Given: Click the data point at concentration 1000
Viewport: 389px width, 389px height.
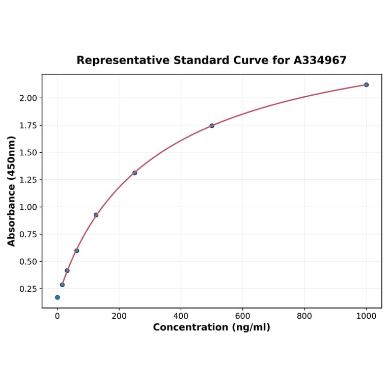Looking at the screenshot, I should tap(366, 85).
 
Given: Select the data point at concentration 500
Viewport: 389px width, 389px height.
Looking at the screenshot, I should tap(212, 126).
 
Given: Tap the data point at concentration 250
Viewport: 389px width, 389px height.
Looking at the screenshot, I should tap(134, 173).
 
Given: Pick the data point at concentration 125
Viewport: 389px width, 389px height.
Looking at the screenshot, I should tap(96, 215).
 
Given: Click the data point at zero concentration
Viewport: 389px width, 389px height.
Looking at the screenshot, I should tap(58, 297).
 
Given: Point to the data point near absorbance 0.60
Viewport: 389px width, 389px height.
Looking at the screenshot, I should tap(76, 251).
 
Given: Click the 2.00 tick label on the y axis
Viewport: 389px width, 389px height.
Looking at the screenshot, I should tap(29, 98).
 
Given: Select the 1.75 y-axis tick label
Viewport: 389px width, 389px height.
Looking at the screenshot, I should tap(29, 125).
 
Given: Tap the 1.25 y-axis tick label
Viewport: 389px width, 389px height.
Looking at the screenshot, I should tap(29, 180).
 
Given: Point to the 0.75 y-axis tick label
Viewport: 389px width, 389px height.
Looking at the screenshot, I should tap(29, 234).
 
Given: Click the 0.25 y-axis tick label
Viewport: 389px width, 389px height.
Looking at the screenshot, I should tap(29, 289).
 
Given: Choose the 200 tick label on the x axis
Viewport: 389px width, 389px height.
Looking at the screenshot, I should tap(119, 316).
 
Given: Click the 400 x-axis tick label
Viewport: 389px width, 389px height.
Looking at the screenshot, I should tap(181, 316).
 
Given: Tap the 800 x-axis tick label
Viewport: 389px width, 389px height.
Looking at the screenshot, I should tap(304, 316).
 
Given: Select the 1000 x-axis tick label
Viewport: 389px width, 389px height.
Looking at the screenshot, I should tap(366, 316).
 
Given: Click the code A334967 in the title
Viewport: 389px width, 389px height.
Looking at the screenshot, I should tap(320, 61).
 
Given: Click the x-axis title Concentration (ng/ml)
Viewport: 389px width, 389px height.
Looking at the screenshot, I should tap(211, 327).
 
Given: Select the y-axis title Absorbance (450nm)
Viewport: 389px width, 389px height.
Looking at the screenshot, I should tap(12, 191).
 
